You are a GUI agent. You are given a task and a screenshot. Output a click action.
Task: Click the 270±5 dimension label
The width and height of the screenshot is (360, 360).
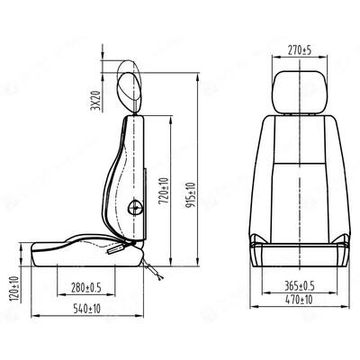(300, 50)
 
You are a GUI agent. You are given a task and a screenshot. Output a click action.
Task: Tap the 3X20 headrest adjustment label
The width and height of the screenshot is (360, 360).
(95, 100)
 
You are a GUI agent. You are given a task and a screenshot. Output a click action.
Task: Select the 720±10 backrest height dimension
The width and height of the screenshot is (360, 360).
(164, 191)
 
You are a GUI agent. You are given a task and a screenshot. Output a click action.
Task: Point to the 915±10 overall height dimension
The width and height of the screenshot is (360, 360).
(190, 194)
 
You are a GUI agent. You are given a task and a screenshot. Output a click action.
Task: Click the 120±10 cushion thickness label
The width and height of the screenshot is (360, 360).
(15, 289)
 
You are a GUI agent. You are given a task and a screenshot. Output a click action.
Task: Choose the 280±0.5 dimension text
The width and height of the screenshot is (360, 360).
(86, 288)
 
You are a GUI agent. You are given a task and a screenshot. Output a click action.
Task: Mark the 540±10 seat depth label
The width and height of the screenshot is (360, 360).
(87, 309)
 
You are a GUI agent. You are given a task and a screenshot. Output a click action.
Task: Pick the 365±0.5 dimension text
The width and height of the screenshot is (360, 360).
(300, 286)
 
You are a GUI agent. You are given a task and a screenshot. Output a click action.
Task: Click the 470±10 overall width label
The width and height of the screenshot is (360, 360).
(299, 300)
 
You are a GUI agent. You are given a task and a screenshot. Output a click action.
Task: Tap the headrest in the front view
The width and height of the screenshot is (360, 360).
(300, 92)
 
